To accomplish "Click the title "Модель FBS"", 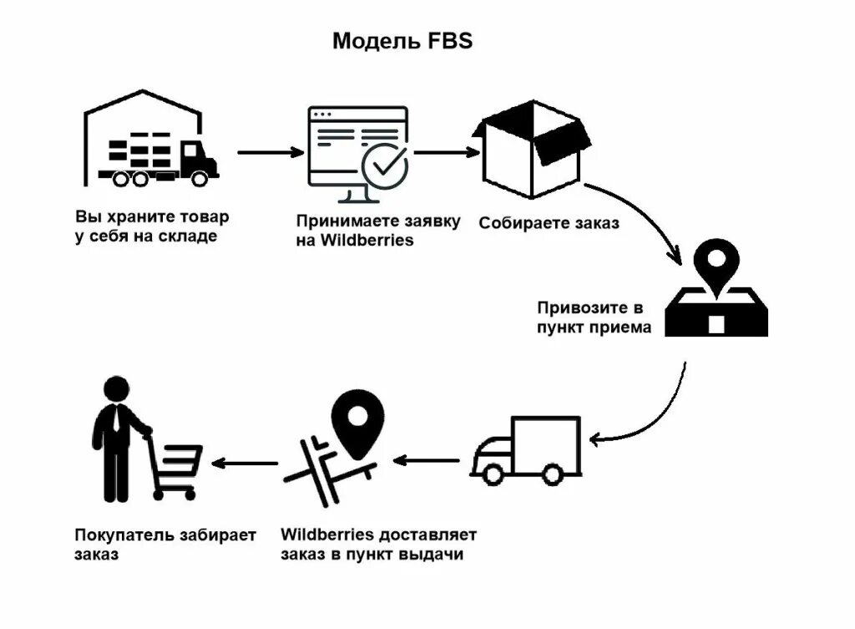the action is pos(402,41).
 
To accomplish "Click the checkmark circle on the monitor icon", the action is pos(385,166).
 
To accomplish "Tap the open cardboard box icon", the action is pos(531,149).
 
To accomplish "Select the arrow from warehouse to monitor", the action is pos(271,152).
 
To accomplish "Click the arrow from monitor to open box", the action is pos(447,152).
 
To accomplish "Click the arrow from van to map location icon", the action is pos(426,461).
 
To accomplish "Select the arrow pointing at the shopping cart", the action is pos(245,463).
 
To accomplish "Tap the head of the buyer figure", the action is pos(116,389).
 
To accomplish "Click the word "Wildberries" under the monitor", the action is pos(367,240).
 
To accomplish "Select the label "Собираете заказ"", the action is pos(549,222).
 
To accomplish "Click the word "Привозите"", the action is pos(583,307).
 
